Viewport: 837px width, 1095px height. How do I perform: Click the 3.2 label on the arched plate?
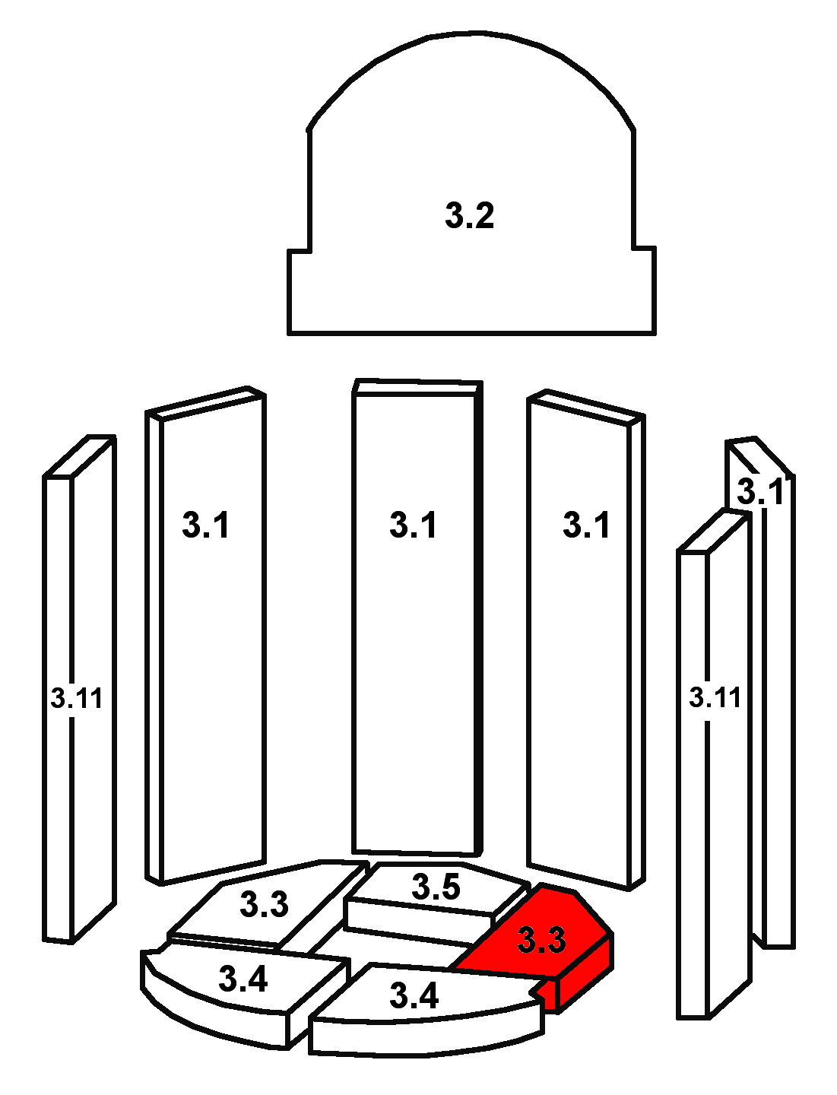tap(469, 215)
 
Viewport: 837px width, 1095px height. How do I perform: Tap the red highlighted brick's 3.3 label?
tap(541, 940)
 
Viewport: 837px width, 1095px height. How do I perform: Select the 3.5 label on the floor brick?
tap(436, 887)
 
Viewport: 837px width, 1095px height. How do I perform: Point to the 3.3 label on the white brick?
tap(264, 904)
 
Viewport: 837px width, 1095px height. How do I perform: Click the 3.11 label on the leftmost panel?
tap(76, 698)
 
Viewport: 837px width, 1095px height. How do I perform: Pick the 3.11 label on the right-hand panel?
tap(715, 697)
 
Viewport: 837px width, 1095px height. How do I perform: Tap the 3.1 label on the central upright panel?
tap(413, 525)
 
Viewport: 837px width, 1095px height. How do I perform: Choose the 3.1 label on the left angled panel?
tap(205, 525)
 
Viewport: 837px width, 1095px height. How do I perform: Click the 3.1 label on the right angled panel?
tap(586, 525)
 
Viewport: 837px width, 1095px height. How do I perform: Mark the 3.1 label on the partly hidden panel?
tap(760, 492)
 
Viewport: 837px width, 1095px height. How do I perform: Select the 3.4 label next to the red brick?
tap(414, 995)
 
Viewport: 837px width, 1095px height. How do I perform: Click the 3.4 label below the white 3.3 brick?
tap(243, 979)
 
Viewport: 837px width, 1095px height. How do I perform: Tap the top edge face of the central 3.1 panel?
tap(417, 387)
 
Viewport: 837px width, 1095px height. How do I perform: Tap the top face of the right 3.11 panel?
tap(714, 531)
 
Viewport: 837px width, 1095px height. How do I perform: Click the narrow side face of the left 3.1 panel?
tap(154, 646)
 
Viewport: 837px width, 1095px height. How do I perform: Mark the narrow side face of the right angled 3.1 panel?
tap(636, 654)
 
